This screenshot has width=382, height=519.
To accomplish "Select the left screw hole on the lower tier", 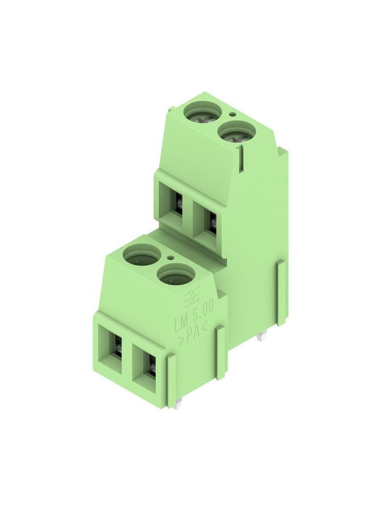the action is point(141,255).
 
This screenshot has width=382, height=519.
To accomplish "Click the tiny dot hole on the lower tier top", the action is point(171,258).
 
